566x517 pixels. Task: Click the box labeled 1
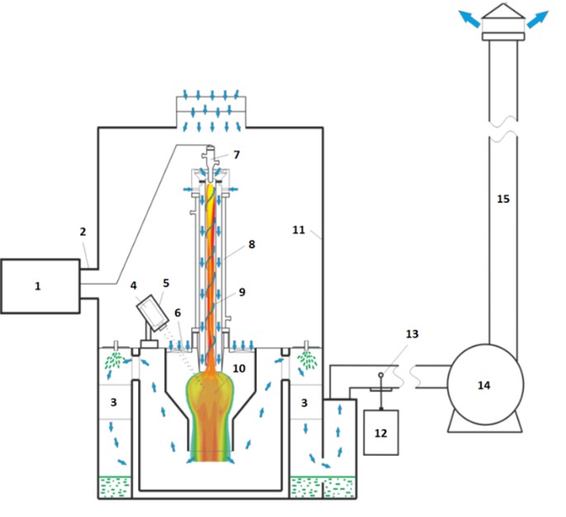pyautogui.click(x=40, y=286)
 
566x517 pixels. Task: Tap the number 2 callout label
pyautogui.click(x=83, y=231)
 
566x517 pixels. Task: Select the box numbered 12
pyautogui.click(x=381, y=433)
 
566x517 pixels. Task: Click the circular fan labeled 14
pyautogui.click(x=485, y=385)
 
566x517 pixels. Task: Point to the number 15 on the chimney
pyautogui.click(x=503, y=199)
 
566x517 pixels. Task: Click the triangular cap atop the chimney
pyautogui.click(x=503, y=12)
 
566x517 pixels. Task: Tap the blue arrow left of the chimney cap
pyautogui.click(x=469, y=18)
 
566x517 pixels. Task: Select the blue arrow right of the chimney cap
pyautogui.click(x=538, y=19)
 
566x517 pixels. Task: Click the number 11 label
pyautogui.click(x=298, y=230)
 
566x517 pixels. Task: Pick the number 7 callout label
pyautogui.click(x=236, y=154)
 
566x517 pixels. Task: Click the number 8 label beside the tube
pyautogui.click(x=251, y=244)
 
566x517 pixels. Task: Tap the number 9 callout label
pyautogui.click(x=242, y=292)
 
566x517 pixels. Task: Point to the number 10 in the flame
pyautogui.click(x=239, y=368)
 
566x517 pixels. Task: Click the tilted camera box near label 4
pyautogui.click(x=153, y=313)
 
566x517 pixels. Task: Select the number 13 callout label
pyautogui.click(x=411, y=334)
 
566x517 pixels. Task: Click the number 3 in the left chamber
pyautogui.click(x=114, y=402)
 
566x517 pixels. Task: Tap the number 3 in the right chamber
pyautogui.click(x=304, y=403)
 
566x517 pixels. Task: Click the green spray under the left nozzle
pyautogui.click(x=114, y=360)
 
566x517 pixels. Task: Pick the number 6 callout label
pyautogui.click(x=178, y=313)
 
